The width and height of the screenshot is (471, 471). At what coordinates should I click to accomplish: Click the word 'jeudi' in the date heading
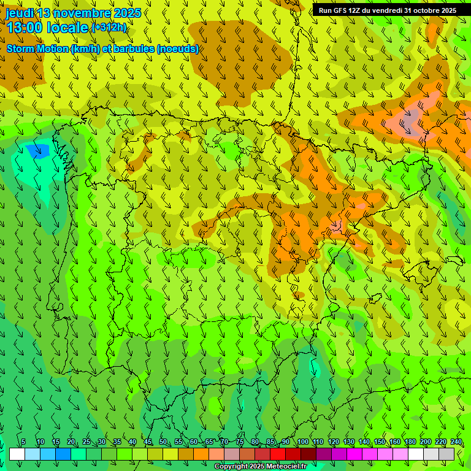tap(20, 13)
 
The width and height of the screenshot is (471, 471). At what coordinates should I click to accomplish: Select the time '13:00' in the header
tap(24, 28)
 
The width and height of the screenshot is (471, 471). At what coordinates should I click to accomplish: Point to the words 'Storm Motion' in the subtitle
tap(38, 49)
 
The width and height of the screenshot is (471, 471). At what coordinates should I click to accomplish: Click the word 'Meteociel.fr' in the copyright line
tap(281, 467)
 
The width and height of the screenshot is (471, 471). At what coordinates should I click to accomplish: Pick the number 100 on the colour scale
tap(302, 442)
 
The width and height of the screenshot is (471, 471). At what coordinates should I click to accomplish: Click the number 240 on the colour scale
tap(456, 442)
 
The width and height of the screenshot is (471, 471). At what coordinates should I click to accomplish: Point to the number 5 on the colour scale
tap(23, 442)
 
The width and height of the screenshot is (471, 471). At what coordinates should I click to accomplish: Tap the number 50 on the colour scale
tap(163, 442)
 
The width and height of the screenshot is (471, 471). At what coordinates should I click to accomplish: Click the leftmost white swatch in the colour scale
tap(17, 454)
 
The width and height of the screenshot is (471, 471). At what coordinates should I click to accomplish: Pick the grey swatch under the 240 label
tap(446, 454)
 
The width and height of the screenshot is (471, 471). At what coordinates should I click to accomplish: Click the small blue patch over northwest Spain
tap(39, 150)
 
